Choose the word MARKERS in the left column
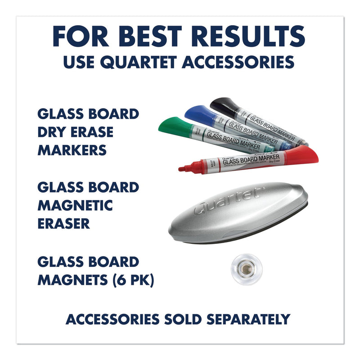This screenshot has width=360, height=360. [73, 150]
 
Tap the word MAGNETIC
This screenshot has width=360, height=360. [75, 205]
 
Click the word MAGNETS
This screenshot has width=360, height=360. [72, 280]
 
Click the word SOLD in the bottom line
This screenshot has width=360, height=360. [183, 319]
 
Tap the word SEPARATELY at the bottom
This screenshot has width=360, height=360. [249, 319]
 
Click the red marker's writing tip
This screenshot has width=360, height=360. [182, 169]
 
